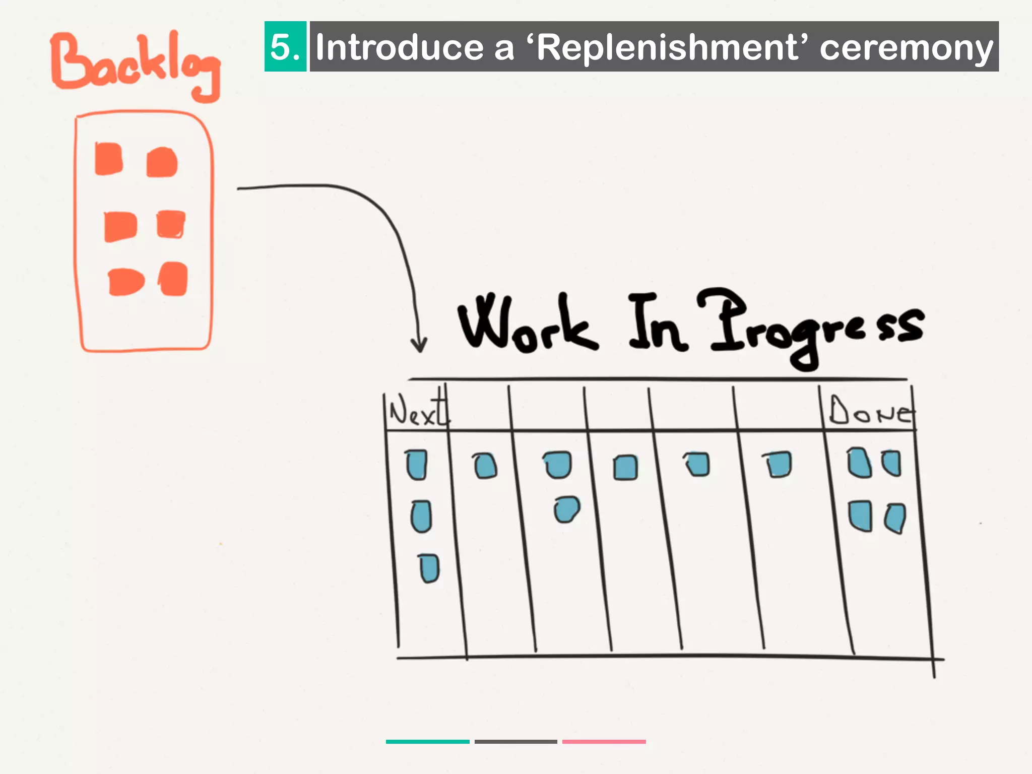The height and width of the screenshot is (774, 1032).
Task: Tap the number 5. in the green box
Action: point(285,47)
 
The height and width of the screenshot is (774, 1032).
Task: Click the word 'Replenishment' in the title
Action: point(667,48)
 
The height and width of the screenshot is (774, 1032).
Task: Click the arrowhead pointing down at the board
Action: point(419,345)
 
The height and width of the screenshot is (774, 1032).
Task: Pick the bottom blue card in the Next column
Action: point(429,568)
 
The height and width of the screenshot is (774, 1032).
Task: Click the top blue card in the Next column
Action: point(417,464)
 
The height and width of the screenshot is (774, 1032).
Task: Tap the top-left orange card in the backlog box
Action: point(109,159)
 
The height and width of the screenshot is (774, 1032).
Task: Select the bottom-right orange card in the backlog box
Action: point(174,279)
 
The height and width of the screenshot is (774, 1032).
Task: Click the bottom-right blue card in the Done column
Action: point(895,518)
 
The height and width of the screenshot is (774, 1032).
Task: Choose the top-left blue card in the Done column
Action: point(859,463)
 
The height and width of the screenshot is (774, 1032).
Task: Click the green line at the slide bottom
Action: point(427,742)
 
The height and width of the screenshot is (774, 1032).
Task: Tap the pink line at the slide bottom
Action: point(604,742)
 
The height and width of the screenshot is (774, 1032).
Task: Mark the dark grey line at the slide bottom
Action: point(515,742)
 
